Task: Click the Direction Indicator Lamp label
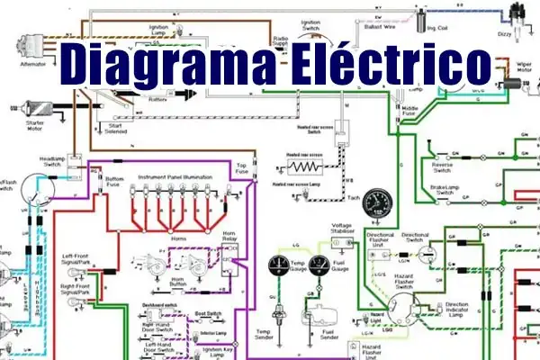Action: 463,308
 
